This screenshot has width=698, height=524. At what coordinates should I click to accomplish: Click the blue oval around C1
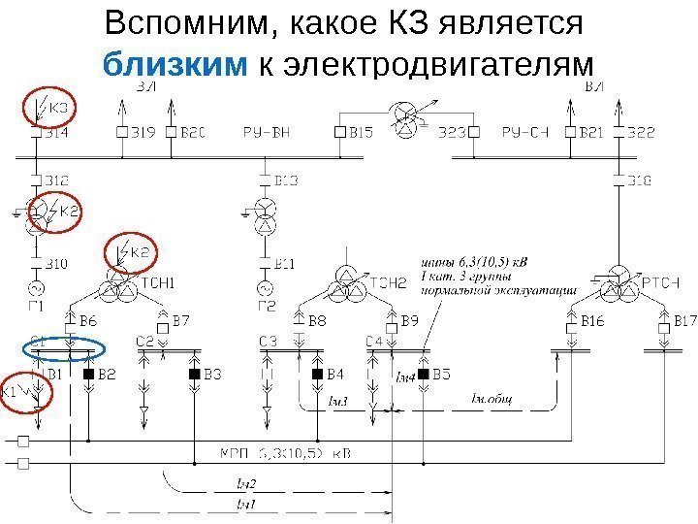(x=64, y=345)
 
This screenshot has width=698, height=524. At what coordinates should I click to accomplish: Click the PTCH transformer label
(x=661, y=282)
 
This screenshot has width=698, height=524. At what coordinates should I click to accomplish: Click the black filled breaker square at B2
(x=88, y=374)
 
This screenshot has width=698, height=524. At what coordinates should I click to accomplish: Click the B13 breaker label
(x=287, y=180)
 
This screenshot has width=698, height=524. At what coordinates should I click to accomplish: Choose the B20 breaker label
(x=192, y=132)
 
